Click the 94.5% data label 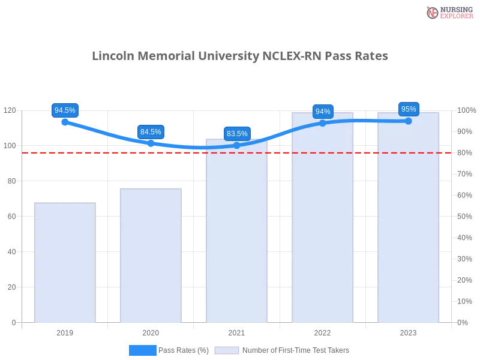click(65, 110)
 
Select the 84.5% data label click(151, 132)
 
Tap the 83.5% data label click(237, 134)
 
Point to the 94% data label click(323, 112)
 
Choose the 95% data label click(409, 109)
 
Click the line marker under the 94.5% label click(65, 122)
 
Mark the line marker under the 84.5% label click(151, 143)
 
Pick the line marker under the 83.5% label click(237, 145)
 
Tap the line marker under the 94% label click(323, 123)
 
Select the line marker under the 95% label click(409, 121)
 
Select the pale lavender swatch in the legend click(227, 350)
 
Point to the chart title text click(240, 56)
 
